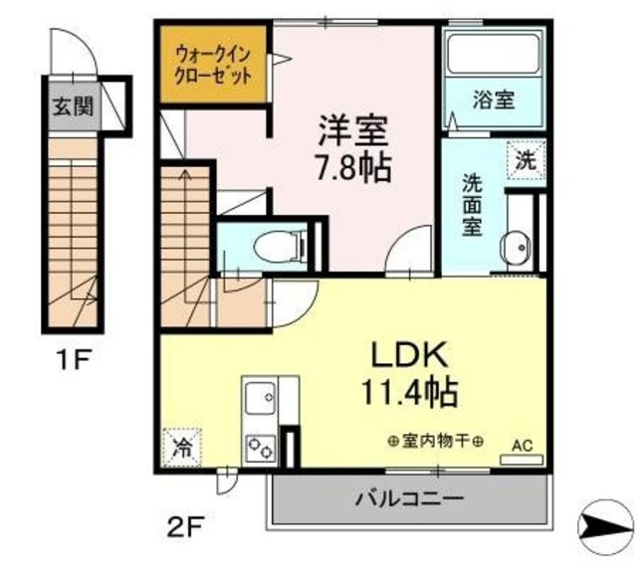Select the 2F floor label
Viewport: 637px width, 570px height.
[186, 524]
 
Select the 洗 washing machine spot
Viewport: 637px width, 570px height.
[525, 159]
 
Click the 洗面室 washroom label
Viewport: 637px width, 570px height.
[471, 204]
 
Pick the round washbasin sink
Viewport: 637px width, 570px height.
[516, 249]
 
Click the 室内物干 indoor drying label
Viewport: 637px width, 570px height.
[437, 442]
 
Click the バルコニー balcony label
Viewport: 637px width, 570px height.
[407, 496]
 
